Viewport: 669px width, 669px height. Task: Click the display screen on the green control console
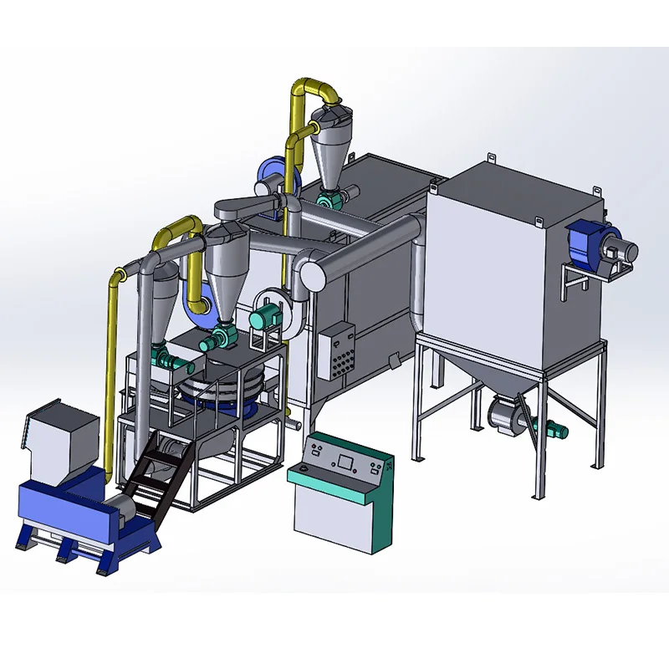coord(345,460)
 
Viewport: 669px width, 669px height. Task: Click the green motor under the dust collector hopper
coord(553,430)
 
